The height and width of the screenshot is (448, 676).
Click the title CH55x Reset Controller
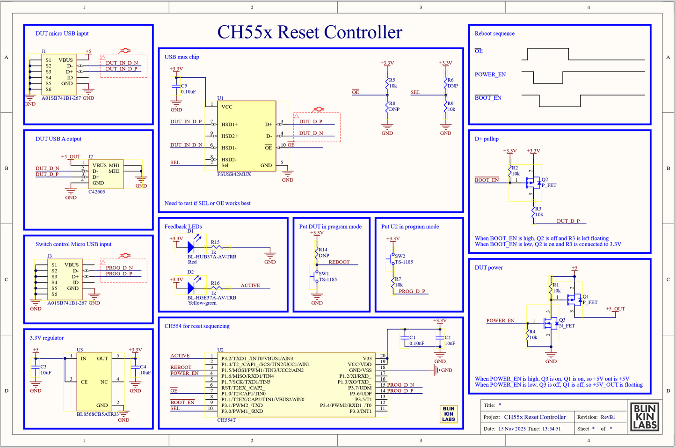point(310,32)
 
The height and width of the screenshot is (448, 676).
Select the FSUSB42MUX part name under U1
point(234,174)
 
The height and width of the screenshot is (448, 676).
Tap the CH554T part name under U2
point(226,420)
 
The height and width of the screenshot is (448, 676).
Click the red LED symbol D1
point(191,247)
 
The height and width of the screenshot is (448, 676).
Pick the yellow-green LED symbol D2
point(191,288)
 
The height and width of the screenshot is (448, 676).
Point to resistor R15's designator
point(215,242)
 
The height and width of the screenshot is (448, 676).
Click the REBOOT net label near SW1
point(339,262)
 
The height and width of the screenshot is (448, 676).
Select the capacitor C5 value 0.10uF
point(188,92)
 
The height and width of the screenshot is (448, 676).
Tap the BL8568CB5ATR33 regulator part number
point(98,414)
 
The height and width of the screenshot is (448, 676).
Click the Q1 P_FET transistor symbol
point(573,298)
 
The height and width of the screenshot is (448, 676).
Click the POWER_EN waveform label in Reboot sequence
point(490,74)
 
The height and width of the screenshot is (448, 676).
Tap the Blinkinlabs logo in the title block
point(645,417)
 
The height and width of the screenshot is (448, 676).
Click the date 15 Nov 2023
point(512,429)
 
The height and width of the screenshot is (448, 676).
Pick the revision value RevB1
point(608,417)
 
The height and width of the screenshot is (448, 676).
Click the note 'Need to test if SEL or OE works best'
point(207,203)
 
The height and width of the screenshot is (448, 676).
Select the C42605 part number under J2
point(97,192)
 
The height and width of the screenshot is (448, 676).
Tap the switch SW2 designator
point(400,256)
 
